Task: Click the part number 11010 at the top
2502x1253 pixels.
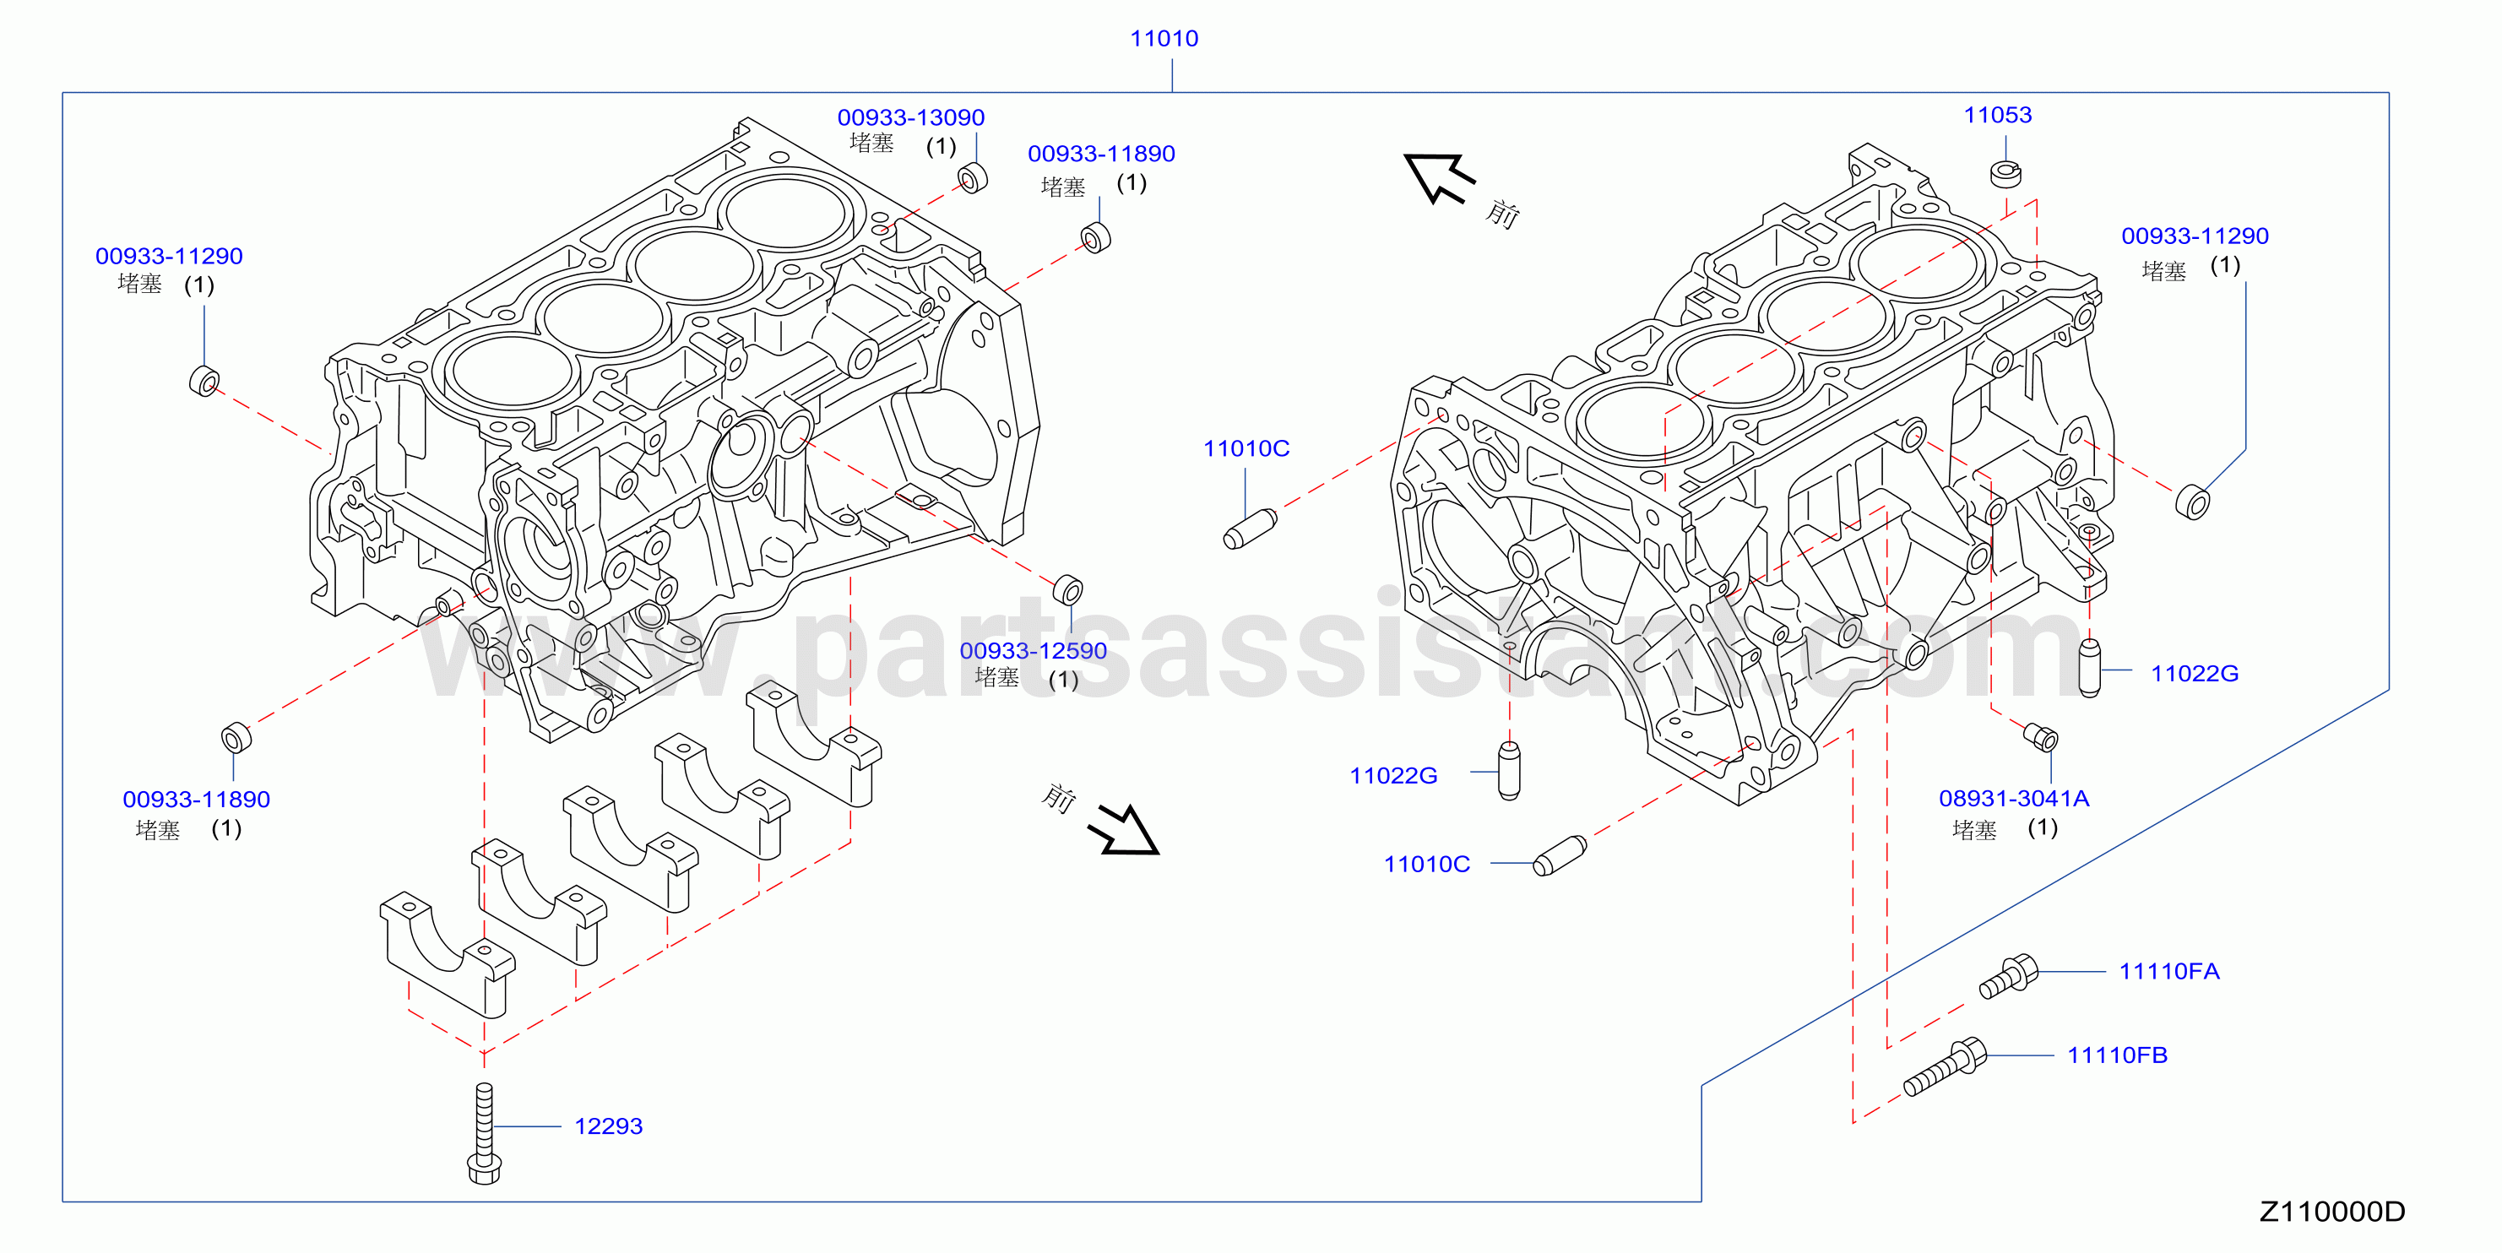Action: tap(1164, 39)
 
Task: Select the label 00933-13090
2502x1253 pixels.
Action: tap(911, 117)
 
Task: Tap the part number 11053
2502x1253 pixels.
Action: tap(1998, 115)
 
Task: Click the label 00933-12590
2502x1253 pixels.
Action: tap(1034, 651)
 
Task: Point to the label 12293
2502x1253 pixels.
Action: tap(608, 1126)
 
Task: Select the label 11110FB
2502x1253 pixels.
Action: tap(2118, 1055)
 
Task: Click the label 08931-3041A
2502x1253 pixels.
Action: tap(2013, 799)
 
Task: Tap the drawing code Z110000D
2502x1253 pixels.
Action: tap(2332, 1212)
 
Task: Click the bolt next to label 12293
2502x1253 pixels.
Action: tap(484, 1134)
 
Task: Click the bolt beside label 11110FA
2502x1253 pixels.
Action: tap(2009, 975)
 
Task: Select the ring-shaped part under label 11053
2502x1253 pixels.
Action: tap(2005, 174)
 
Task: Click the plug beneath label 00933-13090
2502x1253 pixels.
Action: tap(972, 179)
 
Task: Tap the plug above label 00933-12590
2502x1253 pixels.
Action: tap(1067, 589)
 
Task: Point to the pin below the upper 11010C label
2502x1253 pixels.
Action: tap(1250, 529)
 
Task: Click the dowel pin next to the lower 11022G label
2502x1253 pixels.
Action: tap(1508, 771)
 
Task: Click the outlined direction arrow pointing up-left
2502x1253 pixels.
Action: tap(1438, 178)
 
